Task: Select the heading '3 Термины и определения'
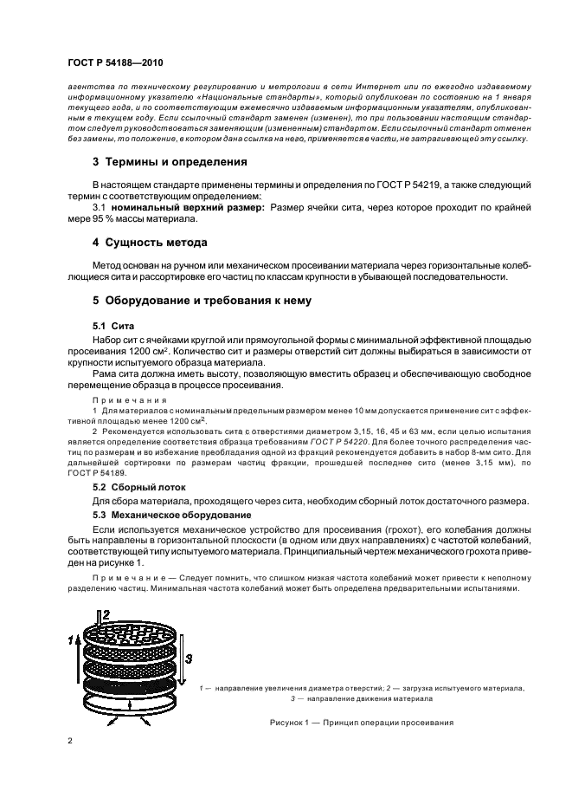click(x=158, y=162)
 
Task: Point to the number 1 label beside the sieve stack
click(x=70, y=639)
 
